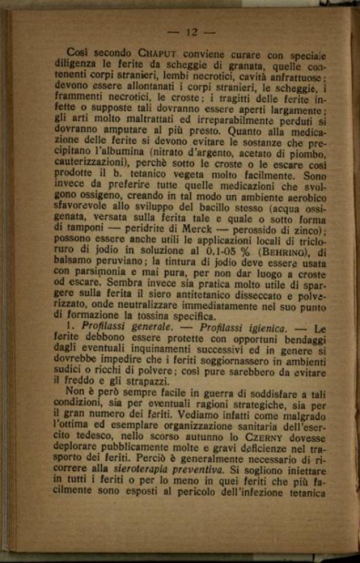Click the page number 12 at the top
[191, 32]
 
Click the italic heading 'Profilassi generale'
[119, 328]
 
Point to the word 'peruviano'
[129, 264]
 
